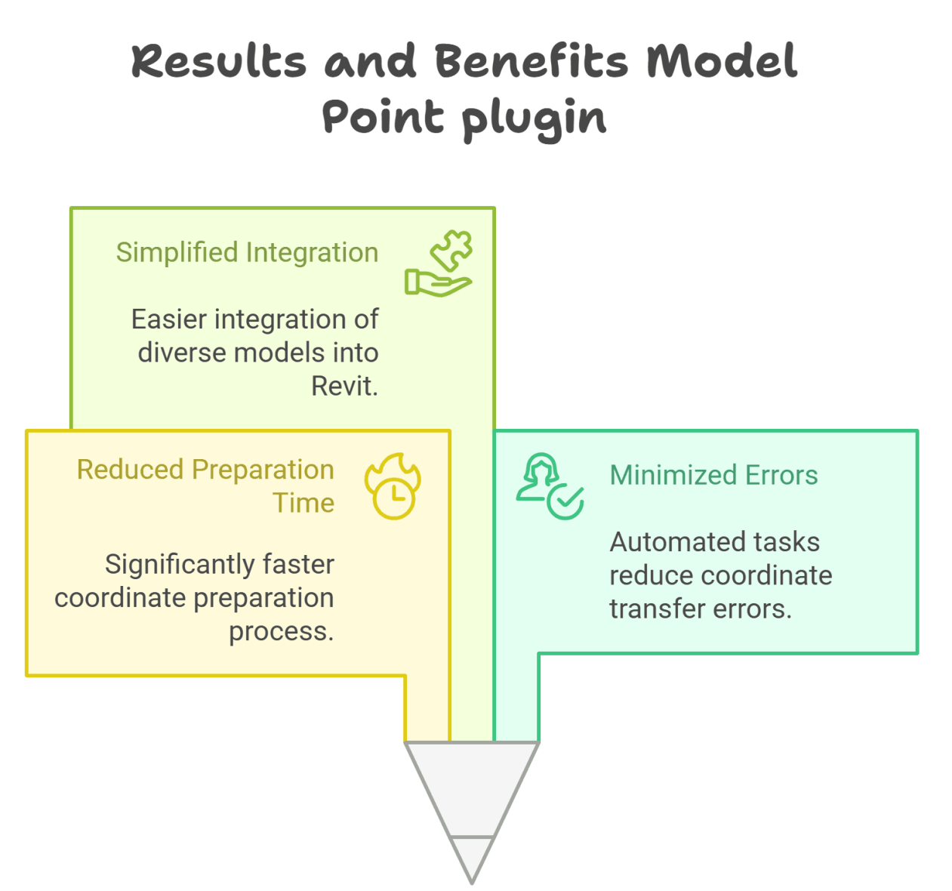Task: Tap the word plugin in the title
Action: coord(534,119)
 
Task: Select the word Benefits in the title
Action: coord(531,62)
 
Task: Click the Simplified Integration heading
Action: coord(247,252)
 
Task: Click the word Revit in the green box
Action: coord(344,386)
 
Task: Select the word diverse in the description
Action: coord(182,353)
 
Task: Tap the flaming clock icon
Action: coord(393,486)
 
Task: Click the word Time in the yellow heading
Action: coord(303,503)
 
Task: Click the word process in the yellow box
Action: coord(279,630)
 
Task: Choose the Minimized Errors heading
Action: coord(713,475)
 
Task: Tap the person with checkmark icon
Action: coord(550,486)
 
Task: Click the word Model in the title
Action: coord(722,62)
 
